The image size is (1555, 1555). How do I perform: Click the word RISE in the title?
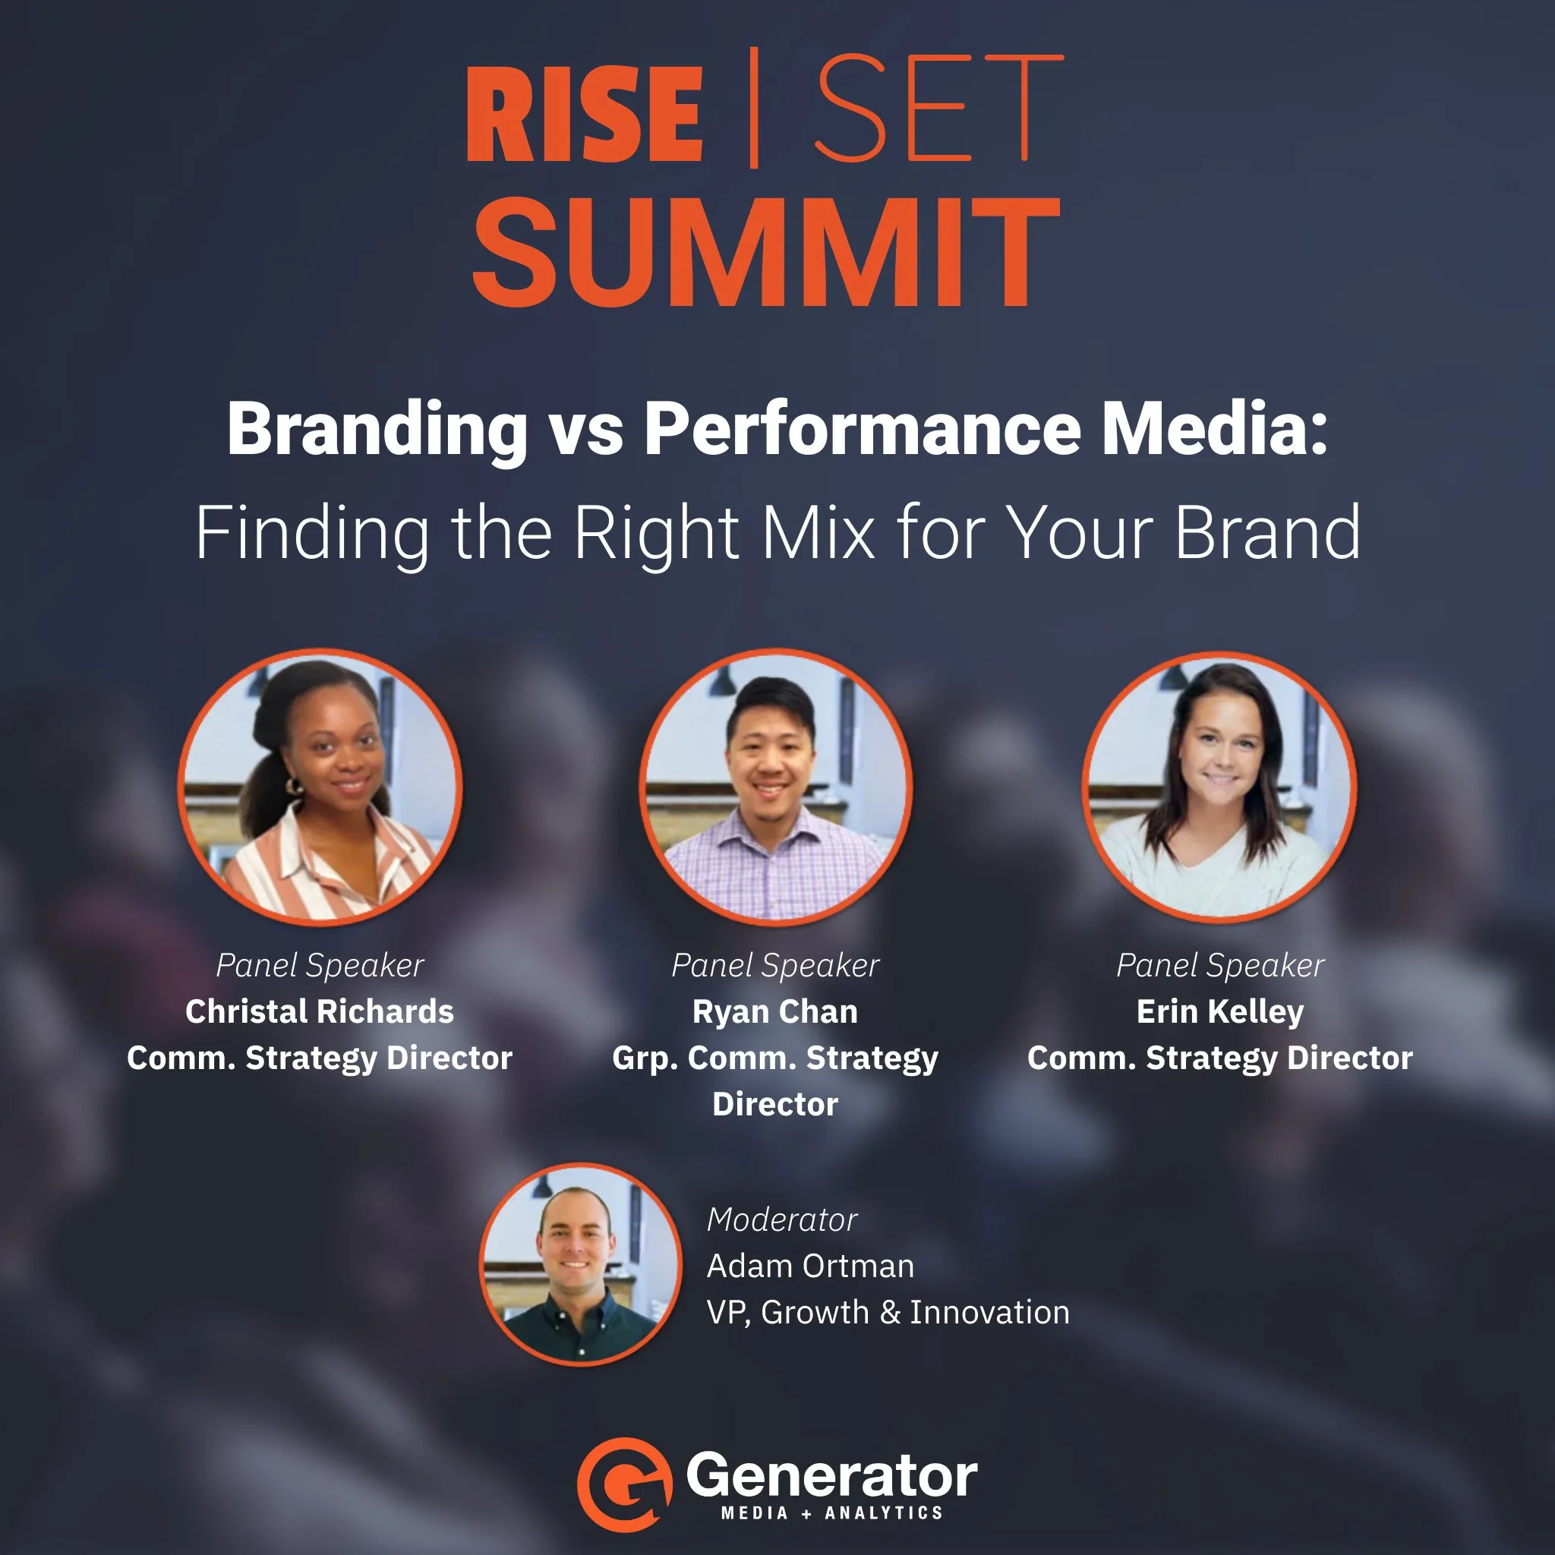tap(585, 115)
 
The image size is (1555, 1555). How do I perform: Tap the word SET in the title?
tap(938, 108)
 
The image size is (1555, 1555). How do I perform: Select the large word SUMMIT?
tap(765, 252)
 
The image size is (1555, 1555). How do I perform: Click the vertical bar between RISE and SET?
tap(754, 107)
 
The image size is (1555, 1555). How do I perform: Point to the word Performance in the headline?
tap(862, 430)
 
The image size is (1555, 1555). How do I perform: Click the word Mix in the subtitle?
tap(818, 532)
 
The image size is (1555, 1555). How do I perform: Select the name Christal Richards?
tap(320, 1011)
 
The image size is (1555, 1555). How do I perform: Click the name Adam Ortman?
tap(810, 1266)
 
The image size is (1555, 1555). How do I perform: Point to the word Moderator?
tap(782, 1220)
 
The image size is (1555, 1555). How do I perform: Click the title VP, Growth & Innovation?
tap(888, 1313)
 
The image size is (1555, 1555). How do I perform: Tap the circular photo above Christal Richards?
tap(320, 787)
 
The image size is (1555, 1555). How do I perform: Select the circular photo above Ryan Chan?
tap(776, 787)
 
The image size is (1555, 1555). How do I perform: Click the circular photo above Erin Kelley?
tap(1220, 787)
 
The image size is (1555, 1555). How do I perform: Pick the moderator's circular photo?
tap(580, 1264)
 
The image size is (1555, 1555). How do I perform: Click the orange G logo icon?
tap(625, 1484)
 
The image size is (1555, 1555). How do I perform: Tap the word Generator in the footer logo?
tap(831, 1476)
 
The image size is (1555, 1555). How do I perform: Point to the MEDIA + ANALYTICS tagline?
tap(831, 1513)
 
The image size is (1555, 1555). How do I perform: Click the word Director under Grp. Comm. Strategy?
tap(775, 1104)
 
